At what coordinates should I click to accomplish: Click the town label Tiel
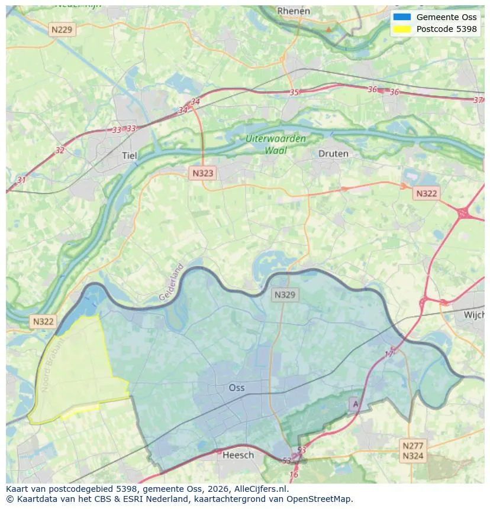point(129,156)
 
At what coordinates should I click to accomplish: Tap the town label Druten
point(333,154)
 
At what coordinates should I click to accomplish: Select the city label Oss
point(237,388)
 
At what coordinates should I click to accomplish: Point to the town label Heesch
point(238,455)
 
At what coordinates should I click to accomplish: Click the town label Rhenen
point(294,11)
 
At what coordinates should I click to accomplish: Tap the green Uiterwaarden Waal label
point(276,145)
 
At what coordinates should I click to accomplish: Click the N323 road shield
point(202,173)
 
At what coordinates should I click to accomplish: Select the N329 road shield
point(285,294)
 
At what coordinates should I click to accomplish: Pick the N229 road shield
point(63,29)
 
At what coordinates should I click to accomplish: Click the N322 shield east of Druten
point(426,193)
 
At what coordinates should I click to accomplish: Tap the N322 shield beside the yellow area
point(43,322)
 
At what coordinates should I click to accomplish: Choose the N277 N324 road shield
point(412,450)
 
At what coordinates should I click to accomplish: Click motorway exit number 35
point(294,92)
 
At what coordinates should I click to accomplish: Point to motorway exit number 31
point(22,180)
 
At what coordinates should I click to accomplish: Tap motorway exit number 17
point(389,354)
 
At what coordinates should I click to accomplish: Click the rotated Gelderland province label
point(172,282)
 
